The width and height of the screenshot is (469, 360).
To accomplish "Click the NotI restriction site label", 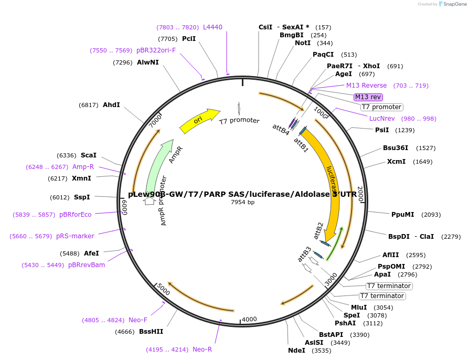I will (303, 43).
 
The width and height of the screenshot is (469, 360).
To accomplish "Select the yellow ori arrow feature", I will (199, 120).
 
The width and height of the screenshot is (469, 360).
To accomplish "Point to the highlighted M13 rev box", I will (368, 97).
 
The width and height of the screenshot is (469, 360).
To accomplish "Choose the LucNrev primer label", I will (382, 119).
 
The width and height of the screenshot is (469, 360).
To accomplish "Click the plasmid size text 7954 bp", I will (242, 202).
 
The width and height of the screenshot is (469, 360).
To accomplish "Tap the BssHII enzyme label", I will (151, 332).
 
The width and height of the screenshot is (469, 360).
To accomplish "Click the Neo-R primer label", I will (202, 349).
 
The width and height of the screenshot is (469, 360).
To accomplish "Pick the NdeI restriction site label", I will (296, 351).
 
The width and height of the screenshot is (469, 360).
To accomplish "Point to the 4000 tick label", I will (249, 320).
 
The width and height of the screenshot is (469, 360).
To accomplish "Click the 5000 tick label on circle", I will (164, 290).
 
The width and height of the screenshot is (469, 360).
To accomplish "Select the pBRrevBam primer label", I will (87, 265).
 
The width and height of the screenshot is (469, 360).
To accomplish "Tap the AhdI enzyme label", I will (111, 105).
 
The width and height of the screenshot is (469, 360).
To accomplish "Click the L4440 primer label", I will (212, 27).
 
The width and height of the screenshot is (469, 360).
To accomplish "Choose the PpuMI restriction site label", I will (403, 214).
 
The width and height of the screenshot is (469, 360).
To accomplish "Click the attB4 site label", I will (281, 129).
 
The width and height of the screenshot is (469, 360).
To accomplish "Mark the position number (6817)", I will (89, 105).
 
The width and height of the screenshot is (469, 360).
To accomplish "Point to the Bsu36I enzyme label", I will (395, 148).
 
